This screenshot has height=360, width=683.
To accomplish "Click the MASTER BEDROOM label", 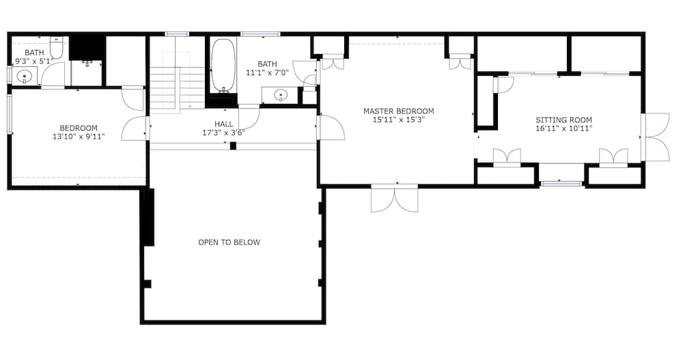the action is (399, 111).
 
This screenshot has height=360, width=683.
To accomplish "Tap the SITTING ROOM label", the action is (563, 120).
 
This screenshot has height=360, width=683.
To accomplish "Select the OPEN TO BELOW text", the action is (229, 243).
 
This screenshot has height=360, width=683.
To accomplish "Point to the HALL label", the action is (224, 124).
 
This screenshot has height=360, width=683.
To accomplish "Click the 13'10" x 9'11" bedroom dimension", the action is (79, 137).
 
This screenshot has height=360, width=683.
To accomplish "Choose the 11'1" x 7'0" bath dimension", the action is (268, 73).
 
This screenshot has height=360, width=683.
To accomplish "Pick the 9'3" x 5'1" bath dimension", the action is (34, 61).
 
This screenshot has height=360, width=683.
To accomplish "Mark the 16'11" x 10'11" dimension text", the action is (563, 128).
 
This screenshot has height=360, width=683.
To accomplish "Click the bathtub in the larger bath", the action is (223, 66).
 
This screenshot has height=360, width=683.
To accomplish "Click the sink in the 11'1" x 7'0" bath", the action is (281, 94).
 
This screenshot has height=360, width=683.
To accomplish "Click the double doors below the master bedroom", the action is (395, 199).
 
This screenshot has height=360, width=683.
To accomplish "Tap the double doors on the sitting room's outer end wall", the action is (655, 137).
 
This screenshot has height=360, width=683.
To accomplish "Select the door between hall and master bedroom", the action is (331, 127).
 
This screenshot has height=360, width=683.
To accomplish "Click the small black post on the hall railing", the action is (233, 146).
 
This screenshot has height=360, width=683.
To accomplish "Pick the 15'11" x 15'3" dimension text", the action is (399, 120).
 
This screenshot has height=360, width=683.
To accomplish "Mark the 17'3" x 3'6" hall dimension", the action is (224, 133).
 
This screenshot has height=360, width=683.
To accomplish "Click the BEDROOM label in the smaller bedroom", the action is (79, 128).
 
